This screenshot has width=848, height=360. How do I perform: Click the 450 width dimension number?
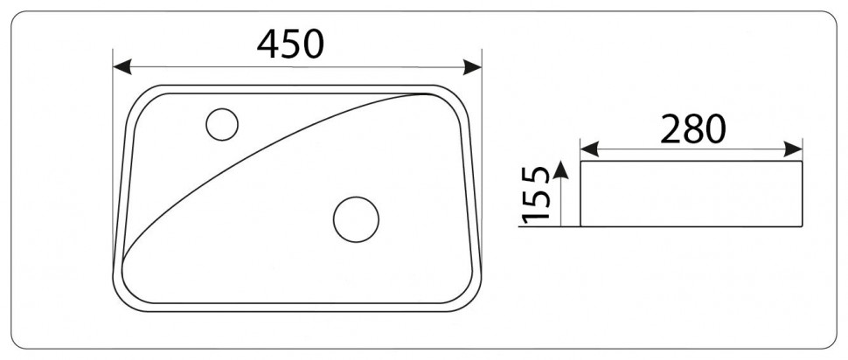pyautogui.click(x=290, y=43)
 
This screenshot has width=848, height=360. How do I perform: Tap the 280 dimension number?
pyautogui.click(x=693, y=129)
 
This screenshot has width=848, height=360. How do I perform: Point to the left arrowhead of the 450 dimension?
pyautogui.click(x=122, y=67)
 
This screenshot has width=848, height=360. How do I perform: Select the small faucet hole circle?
pyautogui.click(x=222, y=125)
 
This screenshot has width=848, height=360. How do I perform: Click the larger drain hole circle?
pyautogui.click(x=356, y=218)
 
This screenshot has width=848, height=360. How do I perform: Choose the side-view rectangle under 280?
pyautogui.click(x=692, y=193)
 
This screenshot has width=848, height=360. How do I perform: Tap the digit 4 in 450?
pyautogui.click(x=268, y=43)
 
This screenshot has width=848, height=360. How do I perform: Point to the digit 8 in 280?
pyautogui.click(x=693, y=129)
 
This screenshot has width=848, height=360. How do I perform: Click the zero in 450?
pyautogui.click(x=313, y=43)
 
